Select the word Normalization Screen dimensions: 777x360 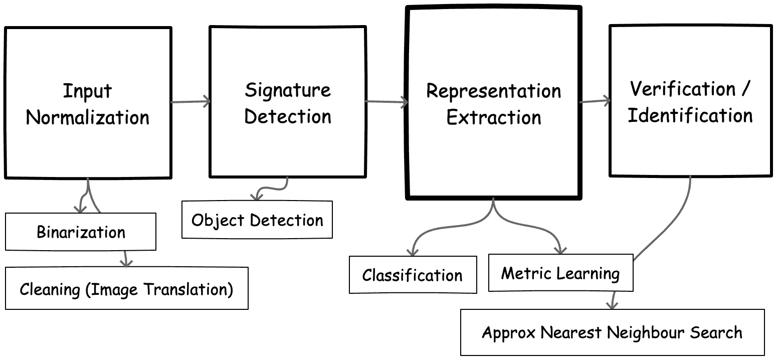(87, 117)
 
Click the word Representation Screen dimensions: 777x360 (493, 92)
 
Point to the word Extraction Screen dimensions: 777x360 (493, 117)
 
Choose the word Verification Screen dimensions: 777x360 (683, 89)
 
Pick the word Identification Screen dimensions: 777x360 (690, 115)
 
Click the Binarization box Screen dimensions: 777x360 (81, 232)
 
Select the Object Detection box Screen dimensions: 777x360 (257, 220)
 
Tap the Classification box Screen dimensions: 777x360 (413, 275)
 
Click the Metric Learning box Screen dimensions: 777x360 (560, 273)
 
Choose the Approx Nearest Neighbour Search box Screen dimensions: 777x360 (612, 332)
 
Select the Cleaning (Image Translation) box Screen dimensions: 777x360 (127, 288)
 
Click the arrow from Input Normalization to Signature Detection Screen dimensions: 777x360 (190, 102)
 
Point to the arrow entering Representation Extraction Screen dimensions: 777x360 (386, 102)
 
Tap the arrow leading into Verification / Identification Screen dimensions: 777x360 (595, 101)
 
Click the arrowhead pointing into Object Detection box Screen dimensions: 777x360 (257, 197)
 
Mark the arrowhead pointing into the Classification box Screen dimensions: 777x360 (413, 252)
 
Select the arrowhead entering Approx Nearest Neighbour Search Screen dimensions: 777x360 (612, 305)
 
